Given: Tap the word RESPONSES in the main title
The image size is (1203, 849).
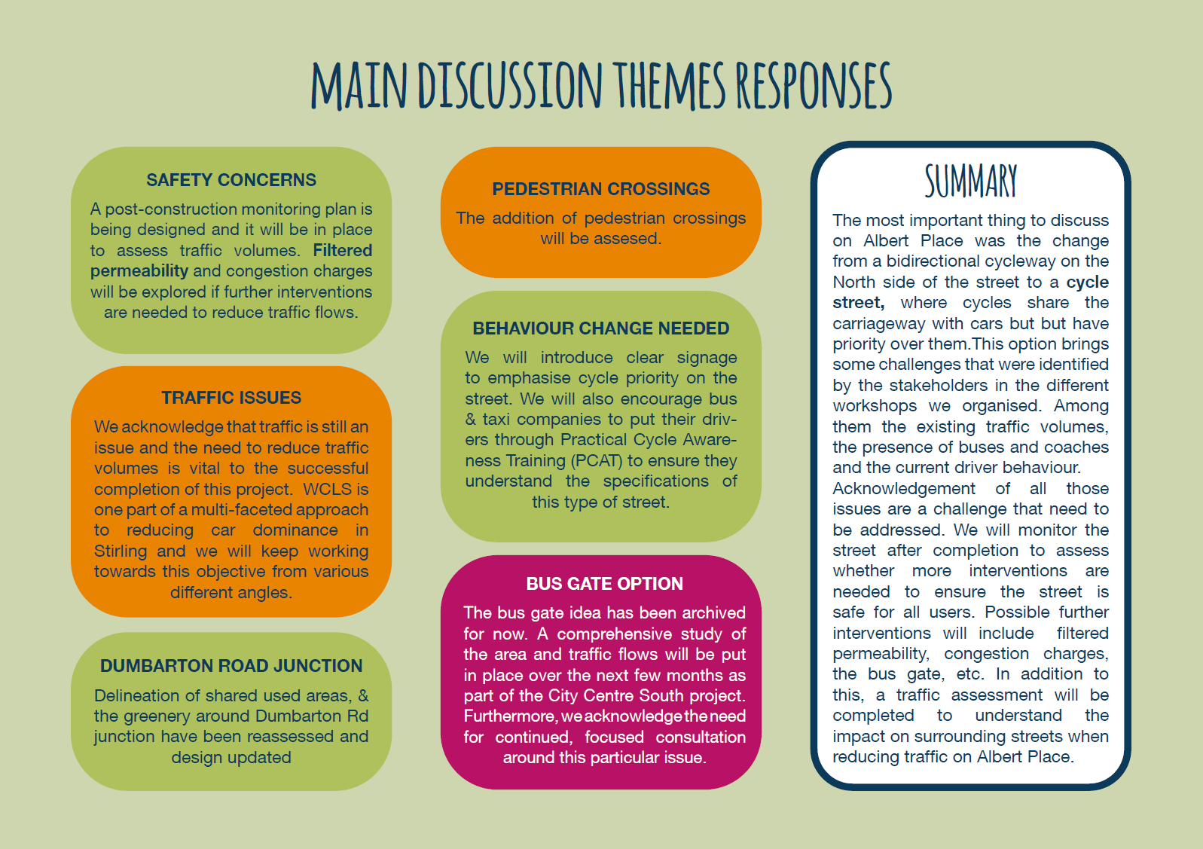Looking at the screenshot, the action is point(814,85).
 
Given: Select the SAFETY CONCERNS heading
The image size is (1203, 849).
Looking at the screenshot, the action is point(231,180).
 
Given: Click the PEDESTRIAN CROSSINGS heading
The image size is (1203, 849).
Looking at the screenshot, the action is point(601,189).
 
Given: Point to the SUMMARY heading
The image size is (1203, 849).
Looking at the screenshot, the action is point(970,181).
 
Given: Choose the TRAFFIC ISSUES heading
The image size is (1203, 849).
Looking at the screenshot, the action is point(231,398).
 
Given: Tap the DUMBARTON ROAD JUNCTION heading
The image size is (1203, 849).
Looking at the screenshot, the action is point(231,666).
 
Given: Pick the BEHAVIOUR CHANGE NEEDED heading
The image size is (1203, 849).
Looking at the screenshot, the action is point(601,328).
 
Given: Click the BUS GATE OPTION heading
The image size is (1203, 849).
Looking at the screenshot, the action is point(605,584).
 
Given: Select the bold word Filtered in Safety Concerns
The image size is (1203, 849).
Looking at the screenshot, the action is point(343,250).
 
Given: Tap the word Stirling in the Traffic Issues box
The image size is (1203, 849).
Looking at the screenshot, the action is point(121,551).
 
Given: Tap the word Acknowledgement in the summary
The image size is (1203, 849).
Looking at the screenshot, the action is point(904,489).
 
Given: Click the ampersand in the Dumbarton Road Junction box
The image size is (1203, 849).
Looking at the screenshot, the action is point(363,695).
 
